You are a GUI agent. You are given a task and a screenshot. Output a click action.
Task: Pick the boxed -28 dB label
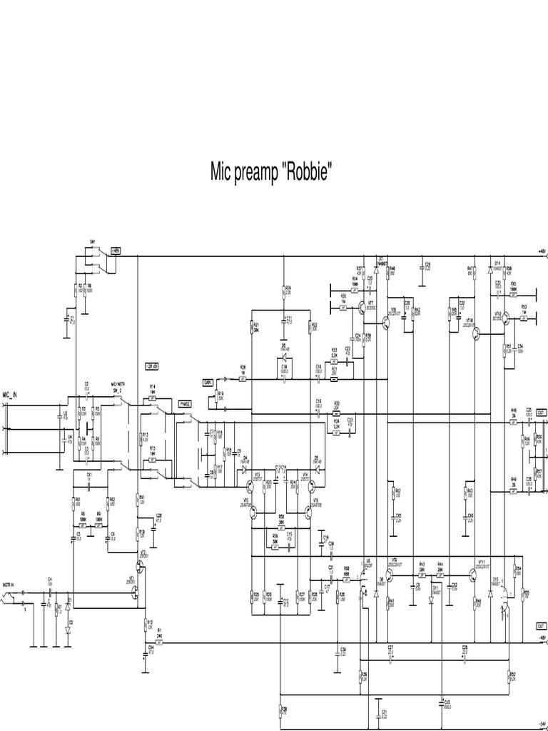(152, 366)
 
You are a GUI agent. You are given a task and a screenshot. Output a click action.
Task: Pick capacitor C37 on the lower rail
(390, 649)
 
